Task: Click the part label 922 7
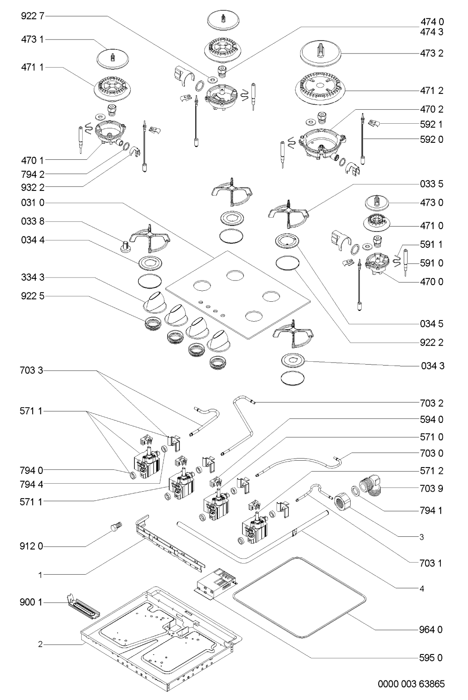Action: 33,16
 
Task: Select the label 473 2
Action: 432,53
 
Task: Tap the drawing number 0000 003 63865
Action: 411,684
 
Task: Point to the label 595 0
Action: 431,658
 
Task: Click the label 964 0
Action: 431,630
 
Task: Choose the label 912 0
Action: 31,547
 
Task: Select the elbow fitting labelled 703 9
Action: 371,489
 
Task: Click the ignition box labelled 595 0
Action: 217,584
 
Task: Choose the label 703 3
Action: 31,371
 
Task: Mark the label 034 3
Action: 433,366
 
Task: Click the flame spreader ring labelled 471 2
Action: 321,88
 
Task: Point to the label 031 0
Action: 33,203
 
